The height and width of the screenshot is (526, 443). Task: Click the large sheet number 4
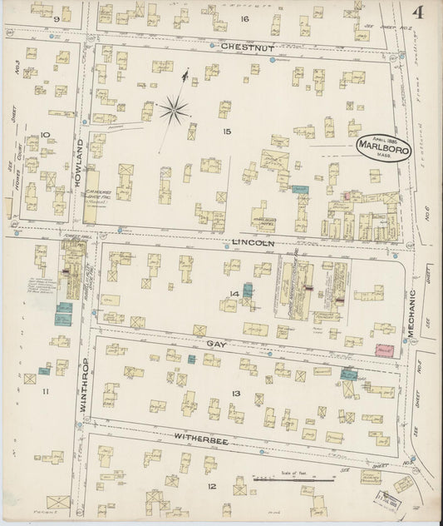coord(416,12)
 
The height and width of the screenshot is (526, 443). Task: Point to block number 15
coord(225,131)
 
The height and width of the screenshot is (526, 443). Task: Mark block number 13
coord(236,393)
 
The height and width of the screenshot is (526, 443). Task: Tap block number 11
coord(46,390)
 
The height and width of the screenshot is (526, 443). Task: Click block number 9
coord(57,17)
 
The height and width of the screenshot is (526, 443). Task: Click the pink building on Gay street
coord(384,352)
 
